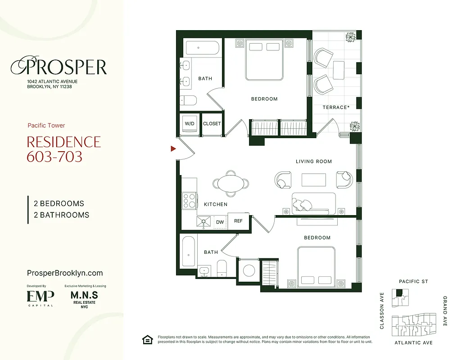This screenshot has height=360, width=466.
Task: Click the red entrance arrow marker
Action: (x=172, y=148)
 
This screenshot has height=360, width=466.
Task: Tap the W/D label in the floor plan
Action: (x=189, y=124)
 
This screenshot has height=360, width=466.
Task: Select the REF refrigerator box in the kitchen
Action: (x=238, y=221)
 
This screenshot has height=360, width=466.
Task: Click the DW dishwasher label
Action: (x=220, y=222)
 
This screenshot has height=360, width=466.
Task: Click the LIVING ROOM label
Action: (x=314, y=162)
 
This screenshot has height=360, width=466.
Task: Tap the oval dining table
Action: (x=231, y=183)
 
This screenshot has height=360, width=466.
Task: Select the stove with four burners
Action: (x=190, y=200)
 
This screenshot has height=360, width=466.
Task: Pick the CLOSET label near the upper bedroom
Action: (x=212, y=124)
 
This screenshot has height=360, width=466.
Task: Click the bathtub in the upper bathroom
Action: (x=202, y=48)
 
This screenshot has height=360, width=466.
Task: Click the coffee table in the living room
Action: (x=314, y=180)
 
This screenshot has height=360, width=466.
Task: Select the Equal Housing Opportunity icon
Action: (x=147, y=339)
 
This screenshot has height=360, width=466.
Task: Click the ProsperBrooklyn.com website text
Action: (x=65, y=273)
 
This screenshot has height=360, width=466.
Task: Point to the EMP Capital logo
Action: (x=40, y=297)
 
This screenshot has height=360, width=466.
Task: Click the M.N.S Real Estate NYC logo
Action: (x=84, y=298)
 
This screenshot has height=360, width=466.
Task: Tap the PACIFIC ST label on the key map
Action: (x=413, y=282)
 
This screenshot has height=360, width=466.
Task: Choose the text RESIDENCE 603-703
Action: (x=64, y=149)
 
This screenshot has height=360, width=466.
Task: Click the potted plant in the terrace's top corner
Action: (x=351, y=37)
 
